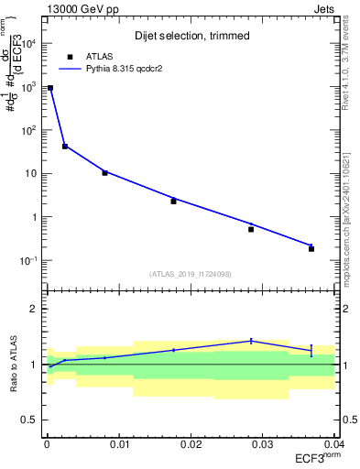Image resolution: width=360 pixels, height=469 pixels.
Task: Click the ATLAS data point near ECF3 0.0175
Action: (x=173, y=201)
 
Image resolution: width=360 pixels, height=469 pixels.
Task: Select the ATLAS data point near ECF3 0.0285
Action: (x=251, y=229)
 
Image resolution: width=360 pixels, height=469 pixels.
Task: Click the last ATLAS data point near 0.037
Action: (x=311, y=248)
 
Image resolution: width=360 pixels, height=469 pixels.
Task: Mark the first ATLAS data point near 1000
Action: (x=49, y=88)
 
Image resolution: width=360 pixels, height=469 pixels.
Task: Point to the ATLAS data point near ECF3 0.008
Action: (x=104, y=172)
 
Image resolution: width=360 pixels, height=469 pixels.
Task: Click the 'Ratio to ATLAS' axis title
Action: (x=13, y=364)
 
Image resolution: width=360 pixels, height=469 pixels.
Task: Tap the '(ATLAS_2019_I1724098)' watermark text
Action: (x=191, y=273)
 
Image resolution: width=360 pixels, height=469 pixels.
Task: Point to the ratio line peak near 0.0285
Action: (x=251, y=341)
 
